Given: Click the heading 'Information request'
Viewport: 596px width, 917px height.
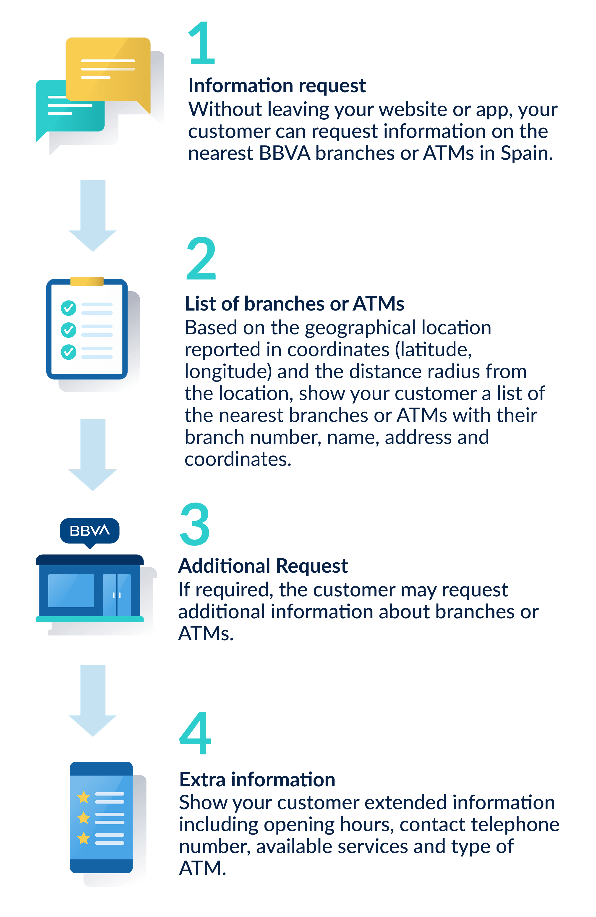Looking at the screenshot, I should [277, 86].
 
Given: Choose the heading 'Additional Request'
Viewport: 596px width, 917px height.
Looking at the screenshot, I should [263, 566].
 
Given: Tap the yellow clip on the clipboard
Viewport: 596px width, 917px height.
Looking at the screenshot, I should [87, 281].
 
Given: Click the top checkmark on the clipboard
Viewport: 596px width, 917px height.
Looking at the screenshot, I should [68, 308].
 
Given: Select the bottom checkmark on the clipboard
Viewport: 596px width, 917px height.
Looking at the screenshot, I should [68, 352].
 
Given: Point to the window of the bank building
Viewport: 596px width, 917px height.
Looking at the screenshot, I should [71, 590].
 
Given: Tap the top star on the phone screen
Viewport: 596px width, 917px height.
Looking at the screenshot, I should [84, 797].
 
